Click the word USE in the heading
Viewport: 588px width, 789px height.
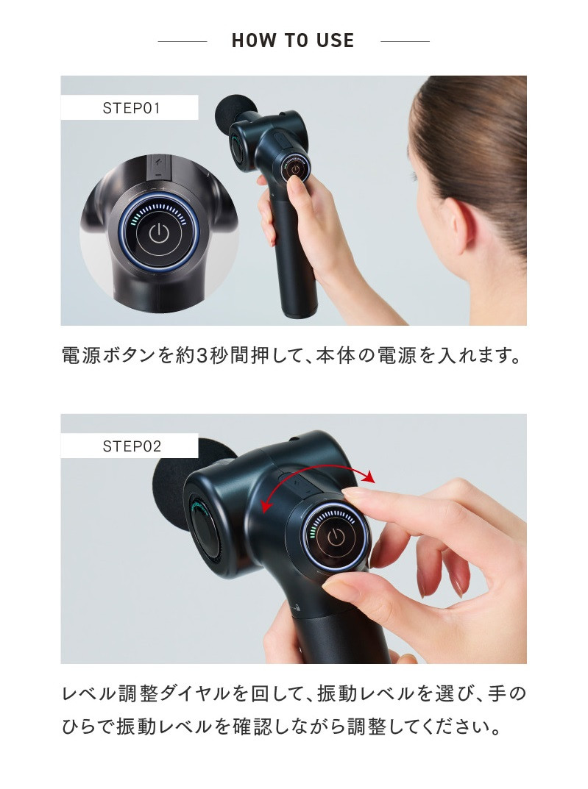(x=336, y=40)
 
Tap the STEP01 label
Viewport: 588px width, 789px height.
(x=131, y=107)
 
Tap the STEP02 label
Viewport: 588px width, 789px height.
(x=132, y=446)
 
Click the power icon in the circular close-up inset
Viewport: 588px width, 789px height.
(x=158, y=234)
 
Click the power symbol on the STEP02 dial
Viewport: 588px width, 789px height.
(x=336, y=537)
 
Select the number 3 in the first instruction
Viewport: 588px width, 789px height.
(x=202, y=356)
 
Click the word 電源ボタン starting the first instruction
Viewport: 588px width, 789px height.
(x=108, y=356)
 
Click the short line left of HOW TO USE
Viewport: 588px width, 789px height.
(x=183, y=41)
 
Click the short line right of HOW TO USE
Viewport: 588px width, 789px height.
(x=405, y=41)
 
